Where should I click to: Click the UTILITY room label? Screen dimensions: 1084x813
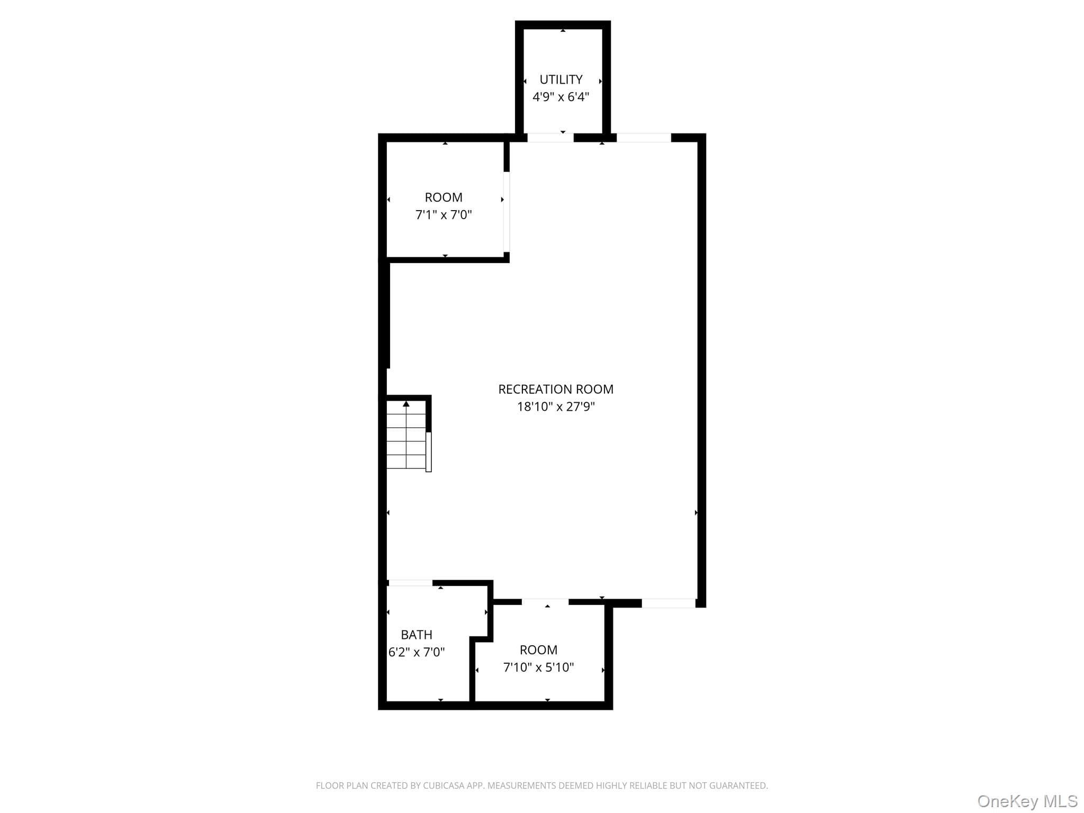[x=561, y=79]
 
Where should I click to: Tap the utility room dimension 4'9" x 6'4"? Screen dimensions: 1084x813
[x=561, y=97]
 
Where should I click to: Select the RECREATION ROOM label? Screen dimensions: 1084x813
[x=556, y=389]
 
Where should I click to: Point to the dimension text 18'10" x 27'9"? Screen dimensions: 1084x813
[x=556, y=406]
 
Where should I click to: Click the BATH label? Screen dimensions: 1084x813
[x=417, y=635]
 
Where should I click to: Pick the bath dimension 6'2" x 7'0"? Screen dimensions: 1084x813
[x=417, y=652]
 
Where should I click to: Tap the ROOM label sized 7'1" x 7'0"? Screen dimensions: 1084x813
[x=444, y=197]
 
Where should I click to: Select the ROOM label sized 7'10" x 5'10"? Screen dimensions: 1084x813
[x=538, y=650]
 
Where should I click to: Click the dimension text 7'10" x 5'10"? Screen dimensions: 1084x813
[x=538, y=667]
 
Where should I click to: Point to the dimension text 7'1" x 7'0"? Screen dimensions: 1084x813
[x=444, y=215]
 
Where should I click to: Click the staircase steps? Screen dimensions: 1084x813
[x=406, y=435]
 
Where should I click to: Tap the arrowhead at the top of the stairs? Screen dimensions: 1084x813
[x=406, y=404]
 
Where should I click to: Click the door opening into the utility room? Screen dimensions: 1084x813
[x=550, y=138]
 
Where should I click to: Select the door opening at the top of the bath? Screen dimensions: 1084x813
[x=411, y=583]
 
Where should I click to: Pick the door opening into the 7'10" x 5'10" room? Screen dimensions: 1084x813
[x=545, y=602]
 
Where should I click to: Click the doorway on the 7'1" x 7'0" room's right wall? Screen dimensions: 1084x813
[x=507, y=212]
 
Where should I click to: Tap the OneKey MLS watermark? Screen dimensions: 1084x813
[x=1027, y=801]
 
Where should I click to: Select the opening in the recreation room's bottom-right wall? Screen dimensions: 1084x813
[x=669, y=603]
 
